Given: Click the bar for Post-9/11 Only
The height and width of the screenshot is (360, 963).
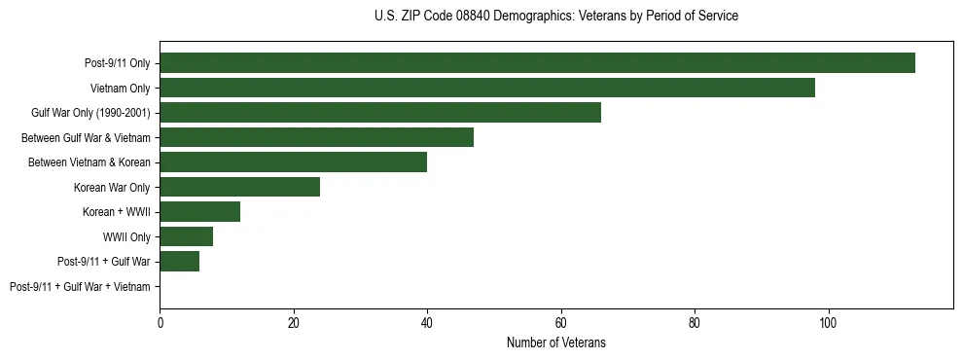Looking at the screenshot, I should tap(537, 63).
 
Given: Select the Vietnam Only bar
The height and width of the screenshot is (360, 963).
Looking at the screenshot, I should tap(486, 88).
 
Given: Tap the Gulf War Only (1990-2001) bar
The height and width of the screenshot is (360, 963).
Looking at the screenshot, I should tap(379, 113).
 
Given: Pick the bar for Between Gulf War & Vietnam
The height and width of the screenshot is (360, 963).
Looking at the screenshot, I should tap(316, 137).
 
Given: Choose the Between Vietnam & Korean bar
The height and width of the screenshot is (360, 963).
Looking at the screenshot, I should tap(293, 162).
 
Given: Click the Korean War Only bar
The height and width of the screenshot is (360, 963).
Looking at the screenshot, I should tap(239, 187).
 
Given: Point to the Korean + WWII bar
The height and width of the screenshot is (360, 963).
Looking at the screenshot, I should tap(199, 211).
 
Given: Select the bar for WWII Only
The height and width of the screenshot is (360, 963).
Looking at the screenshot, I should tap(186, 236).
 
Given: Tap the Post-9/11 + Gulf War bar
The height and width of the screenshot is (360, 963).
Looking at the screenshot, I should tap(179, 261).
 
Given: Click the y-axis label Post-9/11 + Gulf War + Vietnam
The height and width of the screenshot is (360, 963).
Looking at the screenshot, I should tap(80, 286).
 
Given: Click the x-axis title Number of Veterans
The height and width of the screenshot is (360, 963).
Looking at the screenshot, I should tap(555, 342).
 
